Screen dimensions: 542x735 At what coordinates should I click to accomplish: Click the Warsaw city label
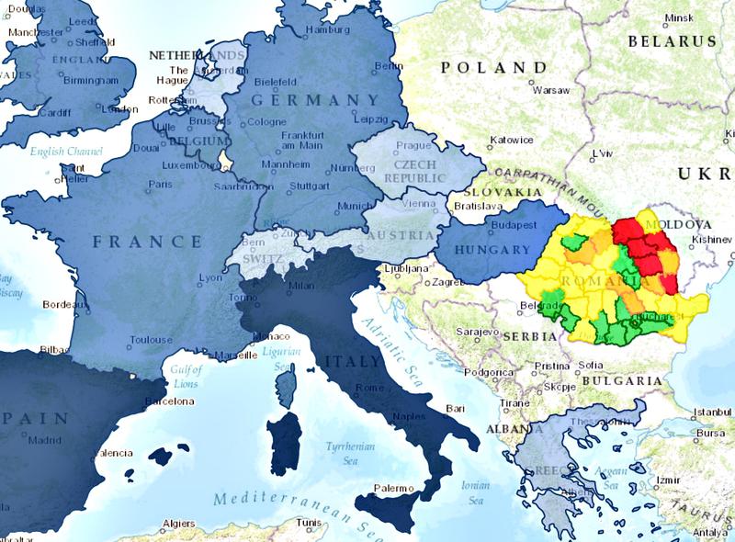(552, 91)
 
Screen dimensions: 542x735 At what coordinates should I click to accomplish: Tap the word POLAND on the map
(493, 67)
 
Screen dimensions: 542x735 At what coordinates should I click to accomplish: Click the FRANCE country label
(147, 242)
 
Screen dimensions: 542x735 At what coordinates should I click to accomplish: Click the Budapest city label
(514, 225)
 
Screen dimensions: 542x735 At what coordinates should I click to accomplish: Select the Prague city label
(413, 145)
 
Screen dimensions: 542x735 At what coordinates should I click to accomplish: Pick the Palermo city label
(395, 488)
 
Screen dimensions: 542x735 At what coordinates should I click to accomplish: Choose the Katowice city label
(512, 140)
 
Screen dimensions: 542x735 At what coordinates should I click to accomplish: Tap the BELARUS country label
(673, 41)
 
